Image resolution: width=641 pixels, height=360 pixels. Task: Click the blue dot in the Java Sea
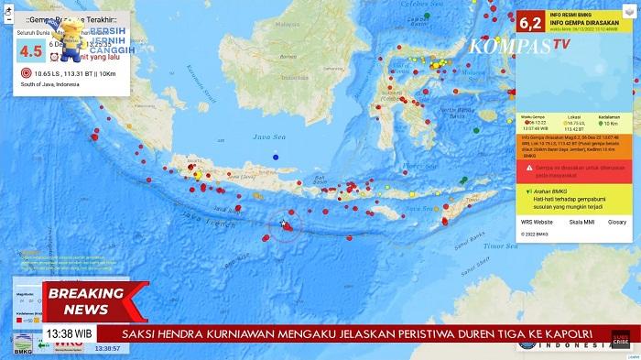pyautogui.click(x=275, y=157)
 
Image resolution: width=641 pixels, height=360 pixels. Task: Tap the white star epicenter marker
pyautogui.click(x=284, y=224)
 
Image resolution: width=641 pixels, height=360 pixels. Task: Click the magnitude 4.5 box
pyautogui.click(x=31, y=51)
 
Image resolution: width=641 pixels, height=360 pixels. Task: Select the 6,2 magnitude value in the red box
pyautogui.click(x=530, y=21)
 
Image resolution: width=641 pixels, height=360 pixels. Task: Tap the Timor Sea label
pyautogui.click(x=501, y=245)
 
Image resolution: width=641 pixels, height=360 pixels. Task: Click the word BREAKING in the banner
pyautogui.click(x=86, y=294)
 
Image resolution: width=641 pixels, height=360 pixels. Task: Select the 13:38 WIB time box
pyautogui.click(x=70, y=333)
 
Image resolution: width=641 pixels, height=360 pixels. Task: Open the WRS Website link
pyautogui.click(x=537, y=222)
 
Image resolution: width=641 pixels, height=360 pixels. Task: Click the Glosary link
pyautogui.click(x=617, y=222)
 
